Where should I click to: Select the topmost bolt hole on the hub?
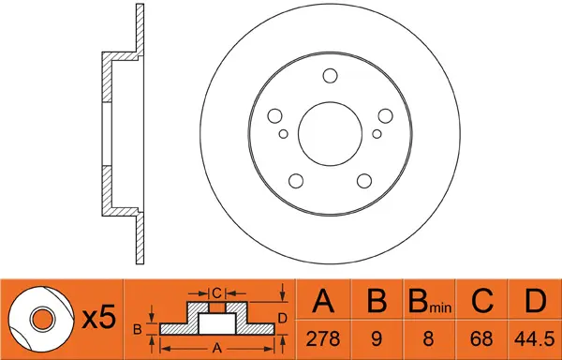pos(330,76)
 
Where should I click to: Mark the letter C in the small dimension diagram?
pos(216,292)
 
